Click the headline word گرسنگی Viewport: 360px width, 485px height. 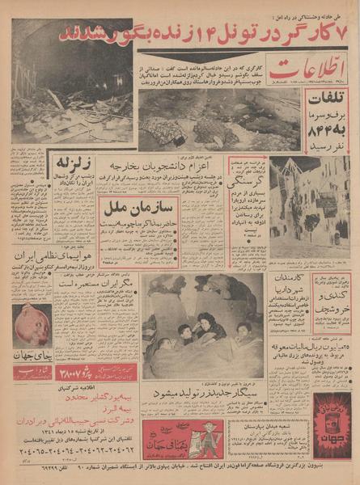246,184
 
